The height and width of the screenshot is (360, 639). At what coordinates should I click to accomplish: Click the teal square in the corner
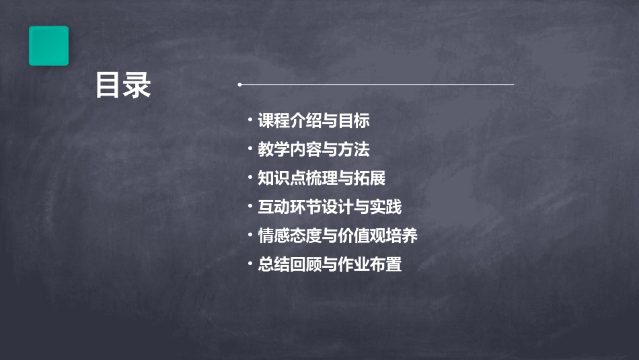pos(48,46)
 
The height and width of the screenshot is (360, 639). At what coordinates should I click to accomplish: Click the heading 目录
pos(123,86)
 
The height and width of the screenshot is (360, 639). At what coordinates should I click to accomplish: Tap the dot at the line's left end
pos(239,85)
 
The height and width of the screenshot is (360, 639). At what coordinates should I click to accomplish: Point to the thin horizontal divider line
pos(377,85)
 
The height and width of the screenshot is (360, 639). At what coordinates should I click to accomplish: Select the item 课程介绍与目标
pos(313,121)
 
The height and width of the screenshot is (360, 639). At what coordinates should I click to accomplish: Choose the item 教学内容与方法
pos(313,149)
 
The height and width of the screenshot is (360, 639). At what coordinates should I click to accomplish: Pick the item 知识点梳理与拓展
pos(322,178)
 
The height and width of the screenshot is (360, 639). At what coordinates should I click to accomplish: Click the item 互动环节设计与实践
pos(330,207)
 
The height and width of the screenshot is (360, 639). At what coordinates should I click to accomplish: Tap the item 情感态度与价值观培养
pos(338,236)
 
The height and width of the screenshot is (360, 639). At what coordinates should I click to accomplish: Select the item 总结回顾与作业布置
pos(330,264)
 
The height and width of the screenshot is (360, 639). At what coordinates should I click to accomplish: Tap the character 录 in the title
pos(137,86)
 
